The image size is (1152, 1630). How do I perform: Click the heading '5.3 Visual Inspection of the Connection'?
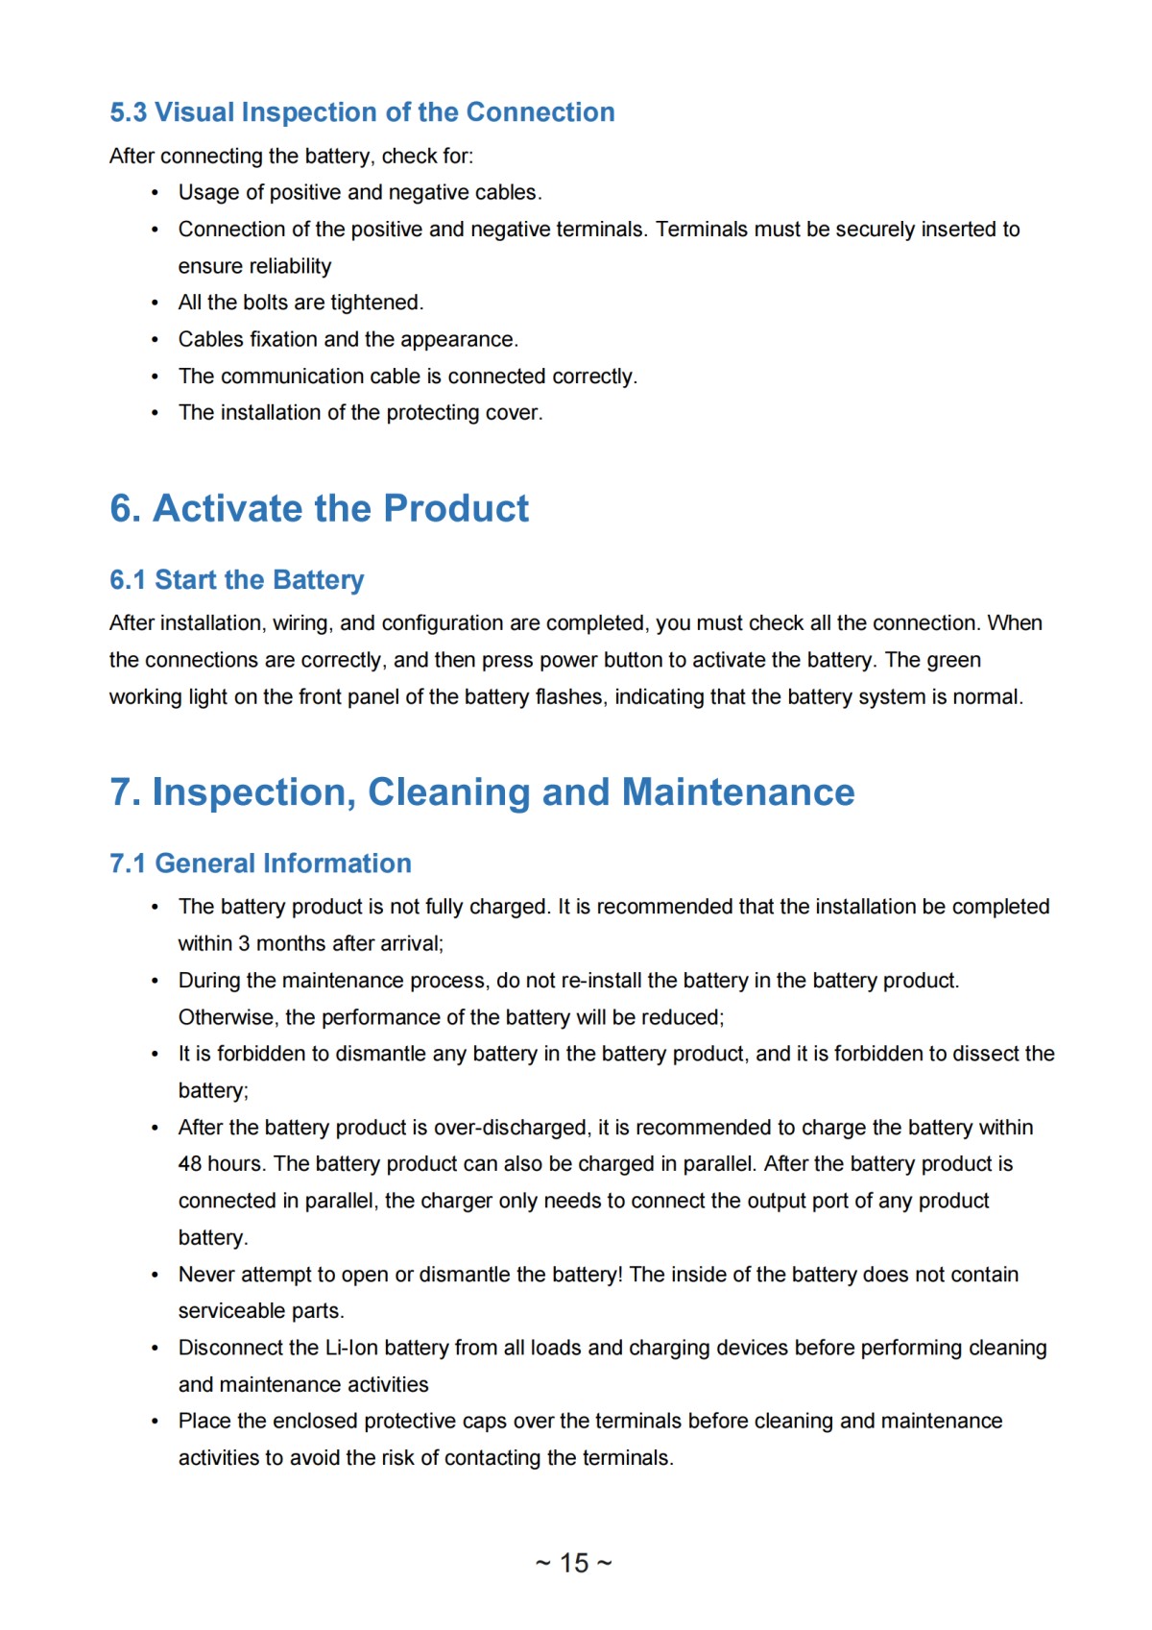(x=362, y=112)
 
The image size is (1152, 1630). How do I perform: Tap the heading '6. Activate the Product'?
(x=319, y=508)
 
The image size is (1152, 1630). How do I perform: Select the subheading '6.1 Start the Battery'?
(x=236, y=580)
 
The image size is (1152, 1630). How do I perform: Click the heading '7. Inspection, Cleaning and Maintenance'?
(x=482, y=792)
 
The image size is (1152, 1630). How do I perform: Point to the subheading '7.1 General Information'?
(x=260, y=864)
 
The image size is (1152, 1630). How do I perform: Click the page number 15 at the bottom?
(x=574, y=1563)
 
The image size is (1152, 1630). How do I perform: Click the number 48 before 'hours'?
(x=190, y=1164)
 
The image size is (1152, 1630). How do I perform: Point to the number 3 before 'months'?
(x=244, y=943)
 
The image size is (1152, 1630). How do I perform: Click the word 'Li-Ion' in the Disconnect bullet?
(x=351, y=1348)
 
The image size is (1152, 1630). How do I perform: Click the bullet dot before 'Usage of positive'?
(x=155, y=193)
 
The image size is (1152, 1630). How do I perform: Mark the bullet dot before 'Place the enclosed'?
(x=155, y=1422)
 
